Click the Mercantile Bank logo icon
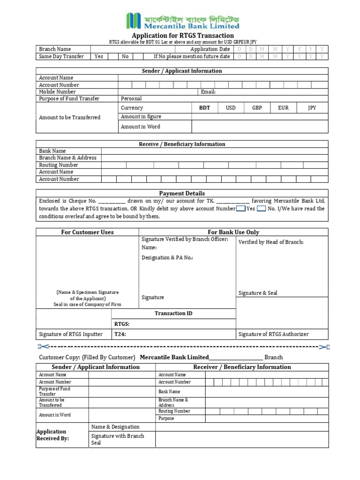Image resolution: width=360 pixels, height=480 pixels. (x=134, y=21)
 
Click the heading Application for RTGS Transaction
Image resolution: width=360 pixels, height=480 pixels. (x=182, y=36)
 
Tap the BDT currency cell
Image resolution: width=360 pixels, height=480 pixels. (x=205, y=108)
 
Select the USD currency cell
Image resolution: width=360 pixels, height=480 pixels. (x=231, y=108)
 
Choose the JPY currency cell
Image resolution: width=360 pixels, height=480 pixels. (x=312, y=108)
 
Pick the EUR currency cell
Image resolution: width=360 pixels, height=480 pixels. (x=283, y=108)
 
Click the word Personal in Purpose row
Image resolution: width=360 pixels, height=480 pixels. (x=131, y=99)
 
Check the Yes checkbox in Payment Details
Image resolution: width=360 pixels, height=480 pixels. (x=240, y=209)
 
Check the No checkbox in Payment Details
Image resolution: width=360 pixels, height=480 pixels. (x=262, y=209)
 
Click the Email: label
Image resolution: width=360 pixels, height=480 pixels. (x=208, y=92)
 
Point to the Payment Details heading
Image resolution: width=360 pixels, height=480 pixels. (x=182, y=193)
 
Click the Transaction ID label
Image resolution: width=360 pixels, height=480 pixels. (x=173, y=314)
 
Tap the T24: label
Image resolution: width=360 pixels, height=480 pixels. (x=120, y=334)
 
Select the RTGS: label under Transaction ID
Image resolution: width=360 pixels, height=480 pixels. (x=122, y=324)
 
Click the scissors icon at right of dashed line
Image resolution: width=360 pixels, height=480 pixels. (x=324, y=347)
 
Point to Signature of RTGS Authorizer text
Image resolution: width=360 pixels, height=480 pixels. (x=274, y=334)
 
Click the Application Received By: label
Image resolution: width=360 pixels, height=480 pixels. (x=52, y=435)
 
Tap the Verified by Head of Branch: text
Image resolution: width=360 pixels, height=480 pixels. (x=271, y=242)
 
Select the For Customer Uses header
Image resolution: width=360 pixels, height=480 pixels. (x=87, y=232)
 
